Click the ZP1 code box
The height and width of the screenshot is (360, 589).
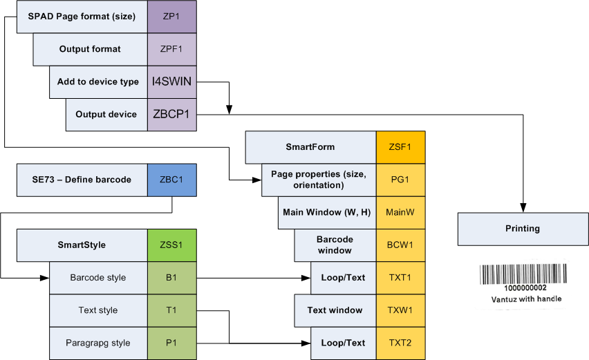(x=172, y=16)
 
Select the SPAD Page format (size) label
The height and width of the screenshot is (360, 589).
(x=82, y=16)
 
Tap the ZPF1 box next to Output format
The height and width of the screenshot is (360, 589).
(x=172, y=49)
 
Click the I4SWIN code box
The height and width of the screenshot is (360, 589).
(x=172, y=82)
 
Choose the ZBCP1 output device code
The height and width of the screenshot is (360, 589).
(x=172, y=115)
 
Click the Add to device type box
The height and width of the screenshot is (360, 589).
(x=98, y=82)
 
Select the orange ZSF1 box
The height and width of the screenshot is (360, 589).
(x=400, y=147)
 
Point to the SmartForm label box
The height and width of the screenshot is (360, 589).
(x=310, y=147)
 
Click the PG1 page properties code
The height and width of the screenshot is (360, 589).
(x=400, y=180)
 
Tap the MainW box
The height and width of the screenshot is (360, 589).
(x=400, y=212)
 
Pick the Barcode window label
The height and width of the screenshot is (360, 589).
(x=335, y=245)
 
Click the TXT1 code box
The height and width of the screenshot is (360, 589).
(x=400, y=278)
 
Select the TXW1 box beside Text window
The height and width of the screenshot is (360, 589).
(x=400, y=310)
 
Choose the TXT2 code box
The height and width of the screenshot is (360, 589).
(x=400, y=343)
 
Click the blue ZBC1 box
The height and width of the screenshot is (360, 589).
(x=172, y=180)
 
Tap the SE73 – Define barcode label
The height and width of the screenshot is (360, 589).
(x=82, y=180)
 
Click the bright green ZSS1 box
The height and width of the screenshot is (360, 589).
(x=172, y=245)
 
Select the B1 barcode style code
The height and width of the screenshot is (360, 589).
(x=172, y=278)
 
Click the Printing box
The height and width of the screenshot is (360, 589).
(x=523, y=229)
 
